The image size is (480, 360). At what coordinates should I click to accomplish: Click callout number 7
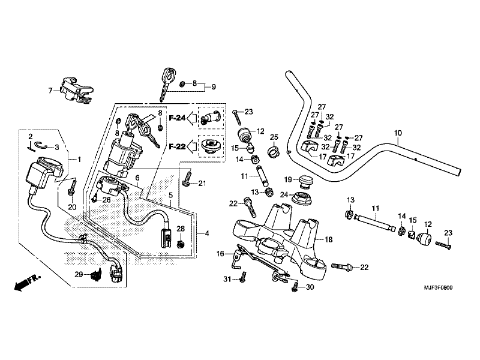point(50,91)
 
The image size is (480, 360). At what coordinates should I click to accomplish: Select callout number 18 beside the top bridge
point(328,239)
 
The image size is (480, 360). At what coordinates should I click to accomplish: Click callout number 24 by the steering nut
point(284,194)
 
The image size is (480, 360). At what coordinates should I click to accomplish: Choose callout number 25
point(274,137)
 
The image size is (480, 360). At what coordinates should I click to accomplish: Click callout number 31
point(227,280)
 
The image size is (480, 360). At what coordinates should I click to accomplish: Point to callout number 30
point(310,287)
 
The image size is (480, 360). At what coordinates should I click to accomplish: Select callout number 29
point(78,274)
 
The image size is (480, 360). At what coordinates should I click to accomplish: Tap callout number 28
point(181,229)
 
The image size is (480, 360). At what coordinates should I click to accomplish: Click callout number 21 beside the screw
point(202,184)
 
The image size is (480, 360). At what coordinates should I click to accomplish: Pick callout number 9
point(212,87)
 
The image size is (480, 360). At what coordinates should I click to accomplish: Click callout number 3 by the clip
point(56,147)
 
